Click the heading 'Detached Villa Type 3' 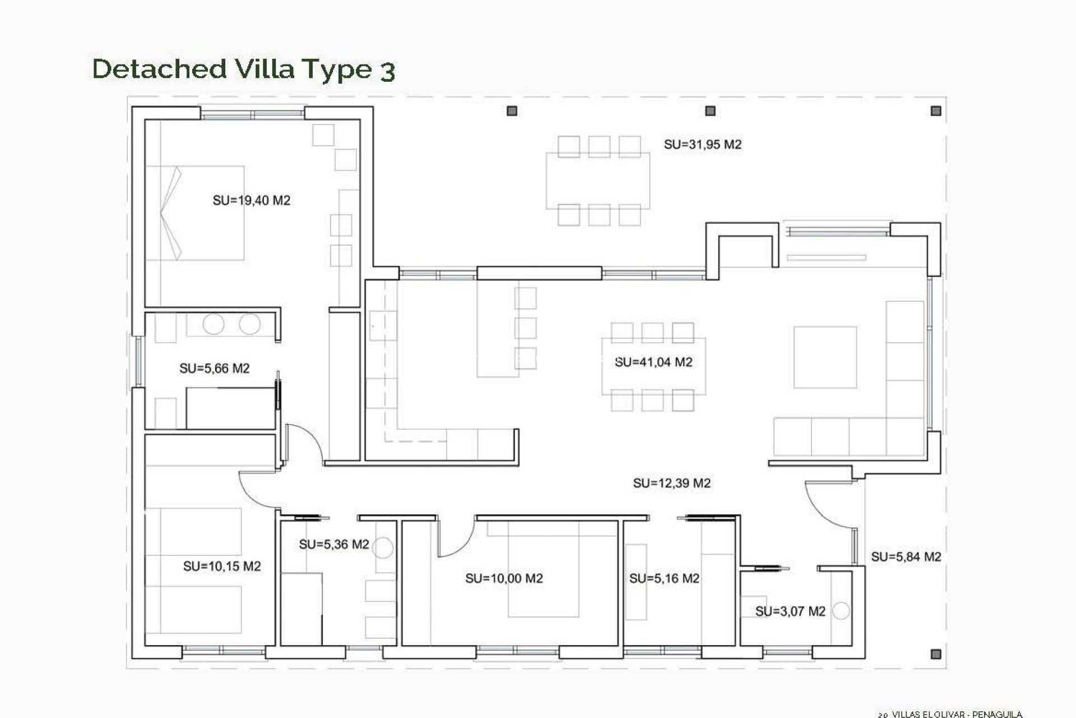(x=244, y=69)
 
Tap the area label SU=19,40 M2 (x=251, y=200)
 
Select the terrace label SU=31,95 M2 (x=702, y=144)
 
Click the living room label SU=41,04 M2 (x=653, y=362)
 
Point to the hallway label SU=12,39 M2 (x=671, y=483)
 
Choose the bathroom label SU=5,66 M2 (x=214, y=369)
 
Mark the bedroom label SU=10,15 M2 (x=222, y=567)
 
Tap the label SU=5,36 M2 (x=334, y=544)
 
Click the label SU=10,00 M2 (x=504, y=578)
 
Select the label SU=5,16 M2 (x=664, y=578)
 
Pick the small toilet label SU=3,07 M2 (x=790, y=611)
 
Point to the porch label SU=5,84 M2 (x=906, y=556)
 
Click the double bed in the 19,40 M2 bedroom (x=195, y=213)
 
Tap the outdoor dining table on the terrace (x=598, y=181)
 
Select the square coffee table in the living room (x=825, y=357)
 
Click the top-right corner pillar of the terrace (x=935, y=111)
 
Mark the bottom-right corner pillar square (x=935, y=654)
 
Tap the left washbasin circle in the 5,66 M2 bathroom (x=213, y=324)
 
